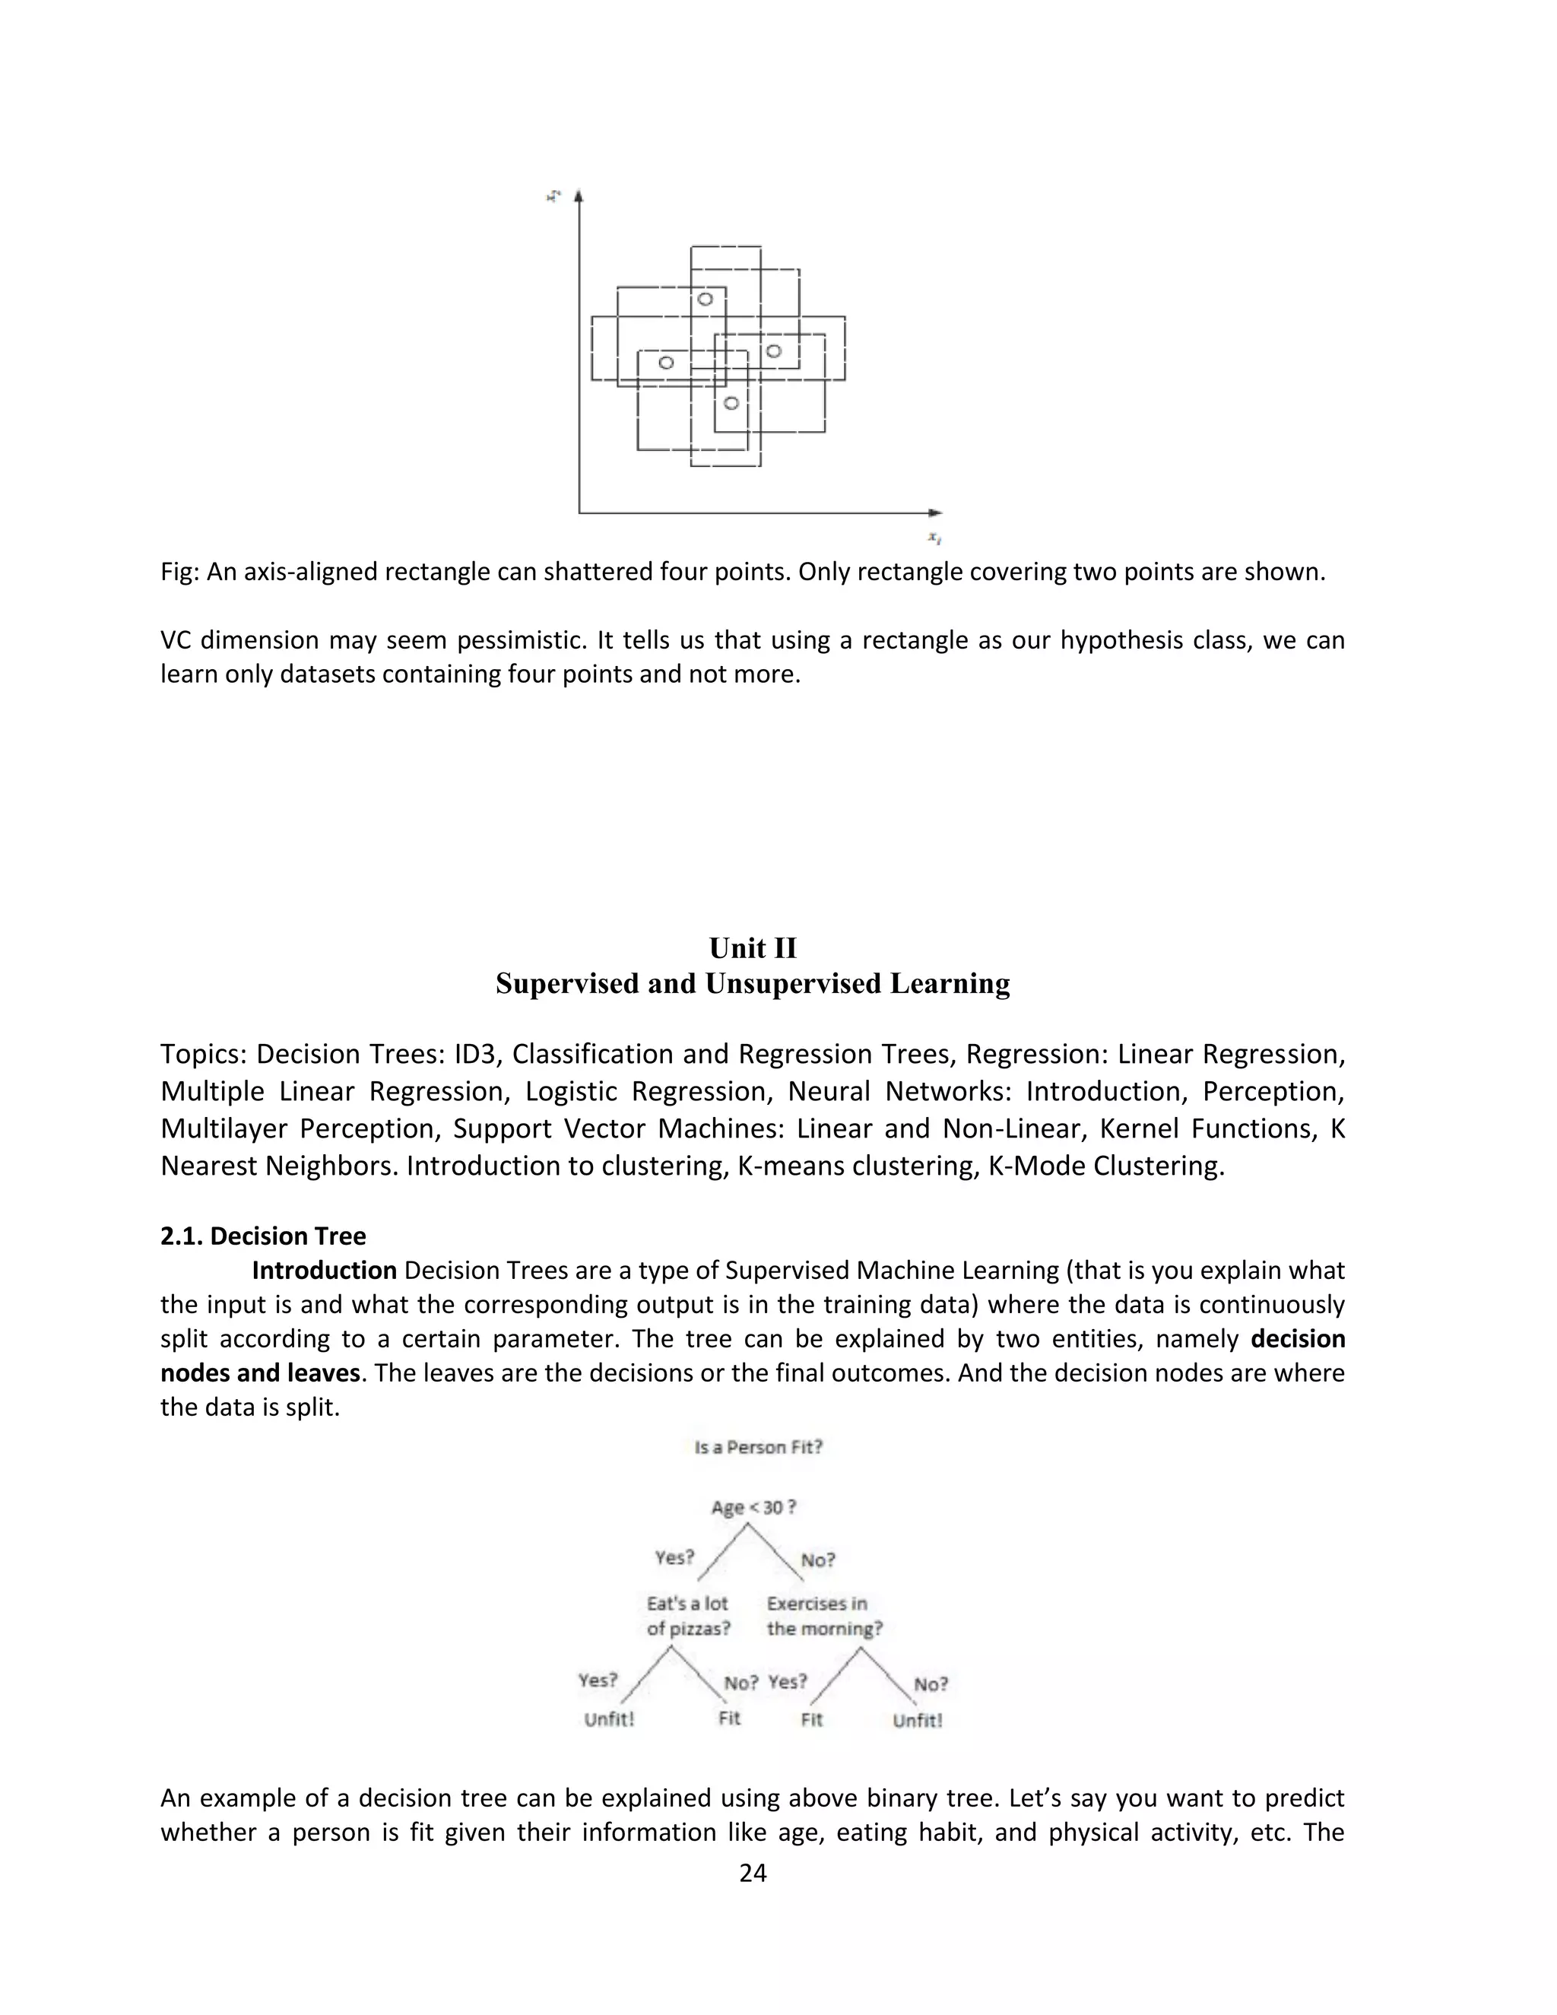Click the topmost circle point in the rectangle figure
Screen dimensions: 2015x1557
705,299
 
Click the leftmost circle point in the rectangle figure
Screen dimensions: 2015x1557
666,363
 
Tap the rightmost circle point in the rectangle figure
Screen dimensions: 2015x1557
774,351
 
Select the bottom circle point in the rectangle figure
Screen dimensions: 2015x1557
731,403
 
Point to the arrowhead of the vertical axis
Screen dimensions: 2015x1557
579,195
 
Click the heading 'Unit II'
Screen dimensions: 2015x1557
753,948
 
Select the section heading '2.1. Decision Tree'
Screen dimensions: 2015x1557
263,1236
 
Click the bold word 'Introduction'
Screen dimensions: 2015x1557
324,1271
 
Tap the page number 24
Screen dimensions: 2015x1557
753,1873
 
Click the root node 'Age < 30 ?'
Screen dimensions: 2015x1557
753,1508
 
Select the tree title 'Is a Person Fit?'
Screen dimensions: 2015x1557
758,1448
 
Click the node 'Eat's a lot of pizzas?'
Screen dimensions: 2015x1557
688,1617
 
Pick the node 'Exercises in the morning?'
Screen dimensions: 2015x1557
823,1617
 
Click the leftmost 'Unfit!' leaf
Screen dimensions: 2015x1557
609,1720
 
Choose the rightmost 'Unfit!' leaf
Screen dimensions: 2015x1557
917,1721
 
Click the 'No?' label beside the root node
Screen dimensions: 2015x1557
817,1560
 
